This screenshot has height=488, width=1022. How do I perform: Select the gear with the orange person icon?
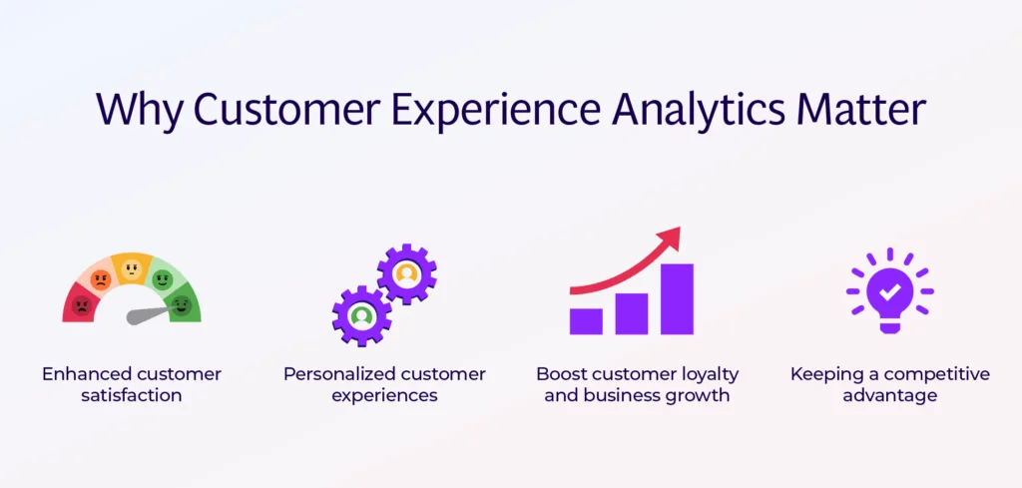click(406, 272)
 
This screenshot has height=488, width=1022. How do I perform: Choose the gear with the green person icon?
click(361, 315)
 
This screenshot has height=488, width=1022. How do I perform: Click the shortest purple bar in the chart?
click(586, 320)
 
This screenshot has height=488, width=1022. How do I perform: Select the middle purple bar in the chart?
click(631, 312)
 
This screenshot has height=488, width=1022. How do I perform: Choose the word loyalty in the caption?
click(704, 374)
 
